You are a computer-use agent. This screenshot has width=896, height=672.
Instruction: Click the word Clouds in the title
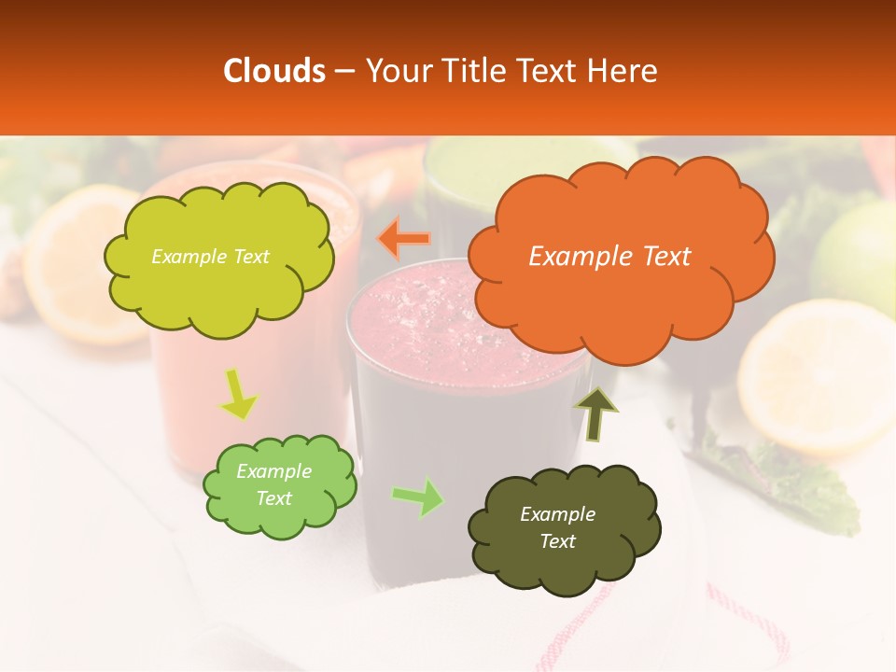(275, 71)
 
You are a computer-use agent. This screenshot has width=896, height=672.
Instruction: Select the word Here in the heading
(624, 71)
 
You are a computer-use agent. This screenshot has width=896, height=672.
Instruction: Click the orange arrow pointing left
(404, 239)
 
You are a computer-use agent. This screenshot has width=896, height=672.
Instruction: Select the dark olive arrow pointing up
(596, 413)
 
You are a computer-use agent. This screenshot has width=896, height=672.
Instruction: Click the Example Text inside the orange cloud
(609, 257)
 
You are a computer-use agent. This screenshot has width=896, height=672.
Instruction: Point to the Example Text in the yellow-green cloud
(210, 257)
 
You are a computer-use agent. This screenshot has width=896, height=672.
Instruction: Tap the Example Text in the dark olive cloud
(557, 527)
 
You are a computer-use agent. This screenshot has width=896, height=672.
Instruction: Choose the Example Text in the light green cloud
(273, 484)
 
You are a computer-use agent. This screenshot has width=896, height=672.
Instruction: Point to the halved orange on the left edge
(65, 261)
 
